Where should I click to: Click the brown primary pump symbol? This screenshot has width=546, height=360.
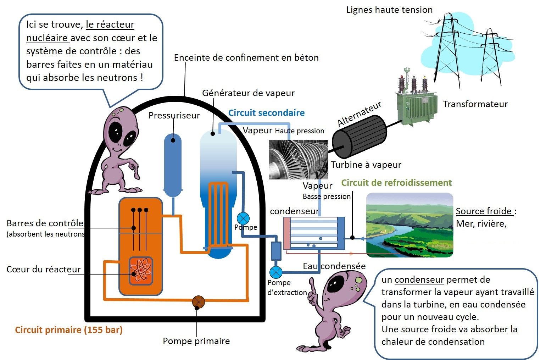click(x=199, y=302)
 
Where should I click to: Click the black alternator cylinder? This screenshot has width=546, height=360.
click(x=360, y=137)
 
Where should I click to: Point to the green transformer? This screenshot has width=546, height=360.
click(x=416, y=98)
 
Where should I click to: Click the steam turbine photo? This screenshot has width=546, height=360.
click(x=299, y=160)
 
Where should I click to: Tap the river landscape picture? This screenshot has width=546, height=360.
click(x=409, y=225)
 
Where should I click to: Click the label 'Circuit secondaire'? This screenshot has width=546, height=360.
click(x=266, y=113)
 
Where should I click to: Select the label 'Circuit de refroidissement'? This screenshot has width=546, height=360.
click(x=396, y=183)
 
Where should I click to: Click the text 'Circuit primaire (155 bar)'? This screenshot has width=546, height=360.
click(x=69, y=330)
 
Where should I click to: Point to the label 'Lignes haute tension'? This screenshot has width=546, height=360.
click(x=389, y=10)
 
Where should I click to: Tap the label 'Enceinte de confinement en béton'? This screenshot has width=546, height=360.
click(x=246, y=57)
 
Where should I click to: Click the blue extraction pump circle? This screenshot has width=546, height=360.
click(x=276, y=272)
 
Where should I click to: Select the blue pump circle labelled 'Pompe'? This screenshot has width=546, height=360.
click(x=243, y=218)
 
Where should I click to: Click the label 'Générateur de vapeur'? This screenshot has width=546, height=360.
click(x=249, y=93)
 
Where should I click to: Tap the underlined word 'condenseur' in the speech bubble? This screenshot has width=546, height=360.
click(x=419, y=279)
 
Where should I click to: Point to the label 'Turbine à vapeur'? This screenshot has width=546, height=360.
click(x=366, y=165)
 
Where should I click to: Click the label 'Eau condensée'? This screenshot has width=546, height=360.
click(x=334, y=266)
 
